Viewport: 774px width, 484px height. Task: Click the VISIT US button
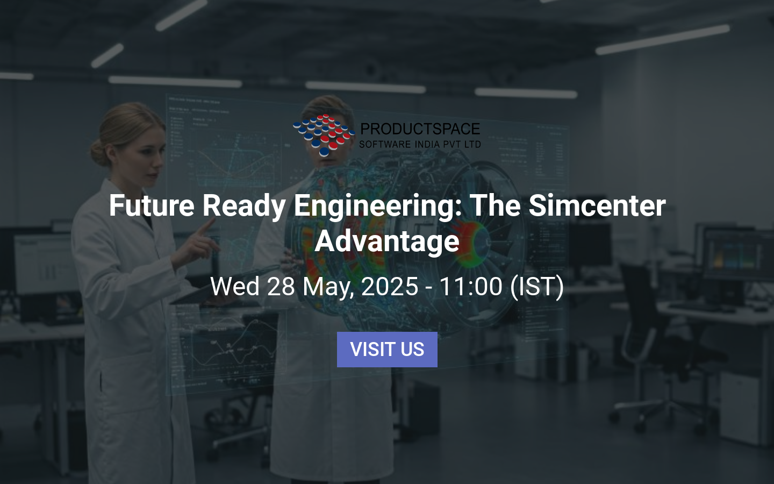click(387, 350)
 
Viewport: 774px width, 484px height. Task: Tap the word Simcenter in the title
click(597, 205)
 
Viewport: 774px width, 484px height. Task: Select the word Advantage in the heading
click(387, 241)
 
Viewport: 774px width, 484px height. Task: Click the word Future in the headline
click(152, 205)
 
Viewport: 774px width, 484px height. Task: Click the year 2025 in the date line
click(390, 286)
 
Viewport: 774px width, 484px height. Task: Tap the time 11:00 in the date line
click(470, 286)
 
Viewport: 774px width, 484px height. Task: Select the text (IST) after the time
click(537, 286)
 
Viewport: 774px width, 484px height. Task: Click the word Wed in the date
click(235, 286)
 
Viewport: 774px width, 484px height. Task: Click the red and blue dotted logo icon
click(324, 134)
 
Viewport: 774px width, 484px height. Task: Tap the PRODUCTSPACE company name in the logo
click(420, 129)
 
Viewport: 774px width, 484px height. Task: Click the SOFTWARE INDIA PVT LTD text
click(420, 144)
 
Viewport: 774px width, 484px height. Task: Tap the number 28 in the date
click(281, 286)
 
